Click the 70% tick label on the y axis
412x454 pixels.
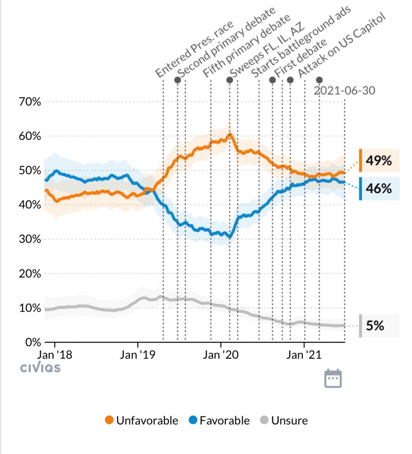tap(30, 102)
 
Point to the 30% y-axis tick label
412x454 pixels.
tap(30, 240)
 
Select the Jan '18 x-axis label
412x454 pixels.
tap(55, 355)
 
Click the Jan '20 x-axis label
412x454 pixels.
tap(221, 355)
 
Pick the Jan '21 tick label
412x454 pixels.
tap(304, 355)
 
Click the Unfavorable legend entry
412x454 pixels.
tap(141, 420)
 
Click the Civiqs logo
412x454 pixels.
tap(40, 368)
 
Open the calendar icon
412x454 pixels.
tap(333, 378)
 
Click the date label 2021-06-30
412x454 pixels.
tap(344, 91)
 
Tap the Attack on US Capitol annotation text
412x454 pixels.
tap(342, 43)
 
